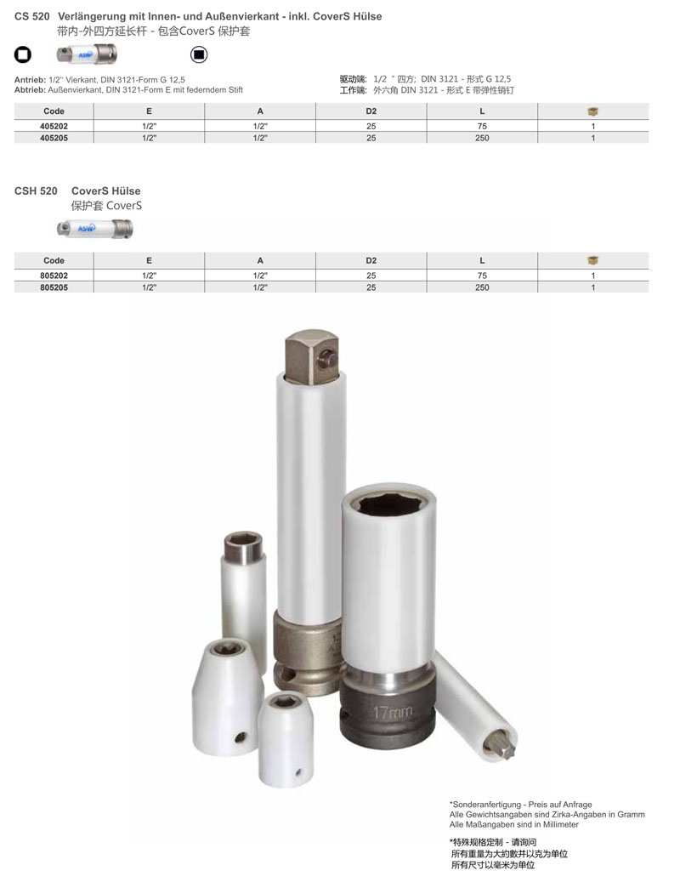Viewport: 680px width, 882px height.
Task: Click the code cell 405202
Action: [x=54, y=126]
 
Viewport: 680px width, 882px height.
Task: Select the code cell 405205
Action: [x=54, y=138]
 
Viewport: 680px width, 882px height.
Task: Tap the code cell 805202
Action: [x=54, y=276]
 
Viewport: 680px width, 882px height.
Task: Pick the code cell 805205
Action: [x=54, y=287]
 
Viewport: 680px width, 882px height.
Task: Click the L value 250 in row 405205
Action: [x=482, y=138]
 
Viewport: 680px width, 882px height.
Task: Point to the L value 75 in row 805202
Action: [x=482, y=276]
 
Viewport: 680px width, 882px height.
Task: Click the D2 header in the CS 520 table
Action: [x=371, y=111]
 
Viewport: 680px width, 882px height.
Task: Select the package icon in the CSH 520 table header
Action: [x=593, y=260]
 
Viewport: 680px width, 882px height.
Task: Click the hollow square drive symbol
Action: [x=22, y=54]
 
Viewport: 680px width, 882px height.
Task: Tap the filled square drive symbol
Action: [x=199, y=54]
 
